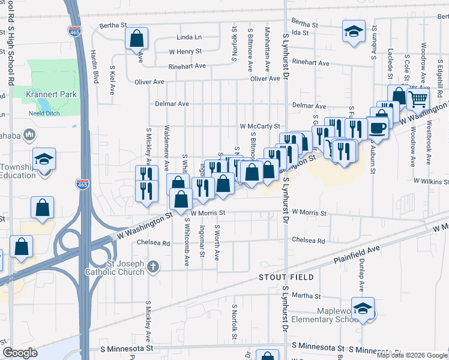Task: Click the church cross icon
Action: [153, 266]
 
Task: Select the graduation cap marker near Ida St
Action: [354, 31]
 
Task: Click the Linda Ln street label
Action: [189, 37]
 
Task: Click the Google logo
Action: [20, 353]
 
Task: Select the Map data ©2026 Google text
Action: [412, 355]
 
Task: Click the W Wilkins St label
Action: [431, 181]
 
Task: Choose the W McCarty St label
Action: [260, 127]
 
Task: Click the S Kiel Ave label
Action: [112, 80]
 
